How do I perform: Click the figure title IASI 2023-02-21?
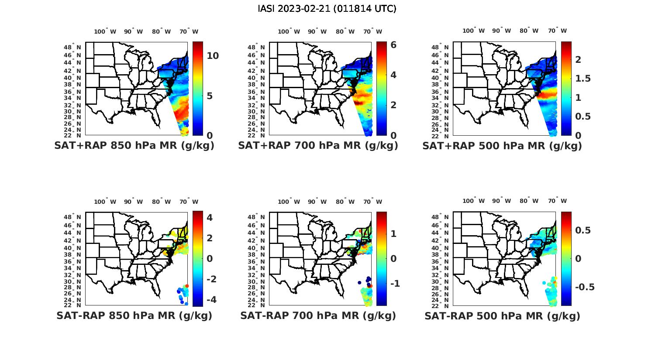pos(327,9)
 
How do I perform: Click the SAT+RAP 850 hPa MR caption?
pos(134,146)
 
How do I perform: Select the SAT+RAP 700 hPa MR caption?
pos(318,146)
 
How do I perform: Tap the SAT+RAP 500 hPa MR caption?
pos(502,146)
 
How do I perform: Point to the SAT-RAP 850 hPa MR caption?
pos(134,315)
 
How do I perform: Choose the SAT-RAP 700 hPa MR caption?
pos(318,315)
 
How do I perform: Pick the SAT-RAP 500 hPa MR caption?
pos(502,316)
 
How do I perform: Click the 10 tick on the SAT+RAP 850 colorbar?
pos(213,56)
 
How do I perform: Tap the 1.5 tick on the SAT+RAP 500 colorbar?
pos(583,79)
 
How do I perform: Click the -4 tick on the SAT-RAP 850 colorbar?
pos(210,300)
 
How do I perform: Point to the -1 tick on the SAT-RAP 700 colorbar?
pos(395,284)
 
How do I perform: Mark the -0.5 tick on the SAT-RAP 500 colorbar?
pos(585,287)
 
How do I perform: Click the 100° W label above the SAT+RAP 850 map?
pos(105,31)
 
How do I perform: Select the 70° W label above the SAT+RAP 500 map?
pos(557,31)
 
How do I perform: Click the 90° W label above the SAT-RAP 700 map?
pos(317,202)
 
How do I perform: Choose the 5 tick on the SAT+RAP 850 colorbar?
pos(210,96)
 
